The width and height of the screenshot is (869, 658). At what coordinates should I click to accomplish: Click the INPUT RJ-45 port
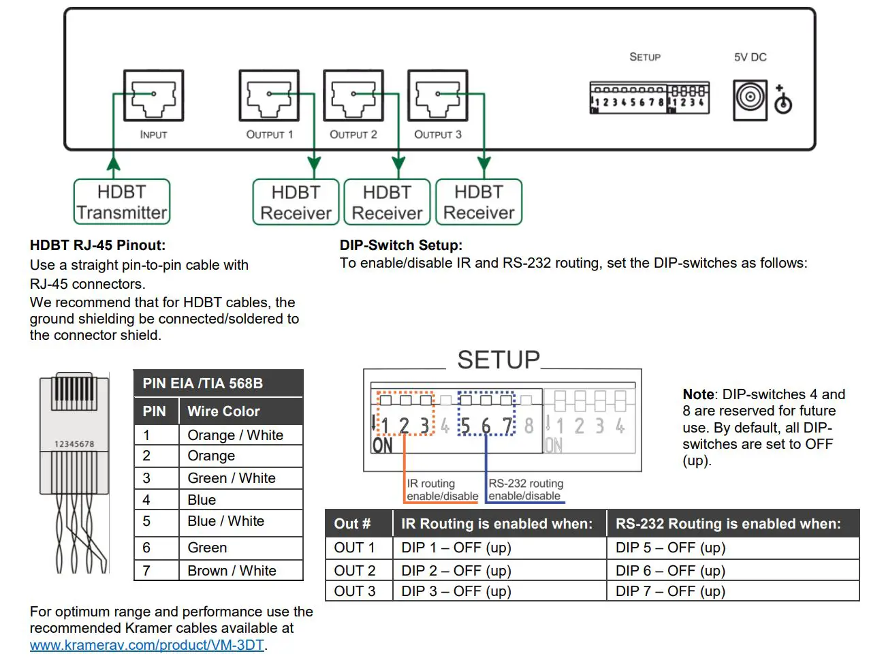click(153, 96)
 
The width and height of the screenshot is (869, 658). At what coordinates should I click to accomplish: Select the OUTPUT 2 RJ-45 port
click(353, 96)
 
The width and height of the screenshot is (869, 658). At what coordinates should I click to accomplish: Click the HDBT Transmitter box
click(122, 202)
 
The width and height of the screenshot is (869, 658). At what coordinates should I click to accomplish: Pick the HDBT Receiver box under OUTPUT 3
click(479, 202)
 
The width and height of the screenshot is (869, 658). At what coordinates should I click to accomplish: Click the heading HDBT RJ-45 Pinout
click(97, 245)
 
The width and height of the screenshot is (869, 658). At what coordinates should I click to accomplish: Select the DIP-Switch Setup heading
click(400, 245)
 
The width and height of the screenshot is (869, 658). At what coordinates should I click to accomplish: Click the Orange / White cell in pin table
click(235, 435)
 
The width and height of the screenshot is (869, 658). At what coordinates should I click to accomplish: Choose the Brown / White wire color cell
click(232, 571)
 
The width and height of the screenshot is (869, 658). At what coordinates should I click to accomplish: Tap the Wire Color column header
click(223, 411)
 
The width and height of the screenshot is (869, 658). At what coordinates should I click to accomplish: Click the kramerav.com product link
click(146, 645)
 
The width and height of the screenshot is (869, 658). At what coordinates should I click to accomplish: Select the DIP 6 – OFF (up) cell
click(670, 571)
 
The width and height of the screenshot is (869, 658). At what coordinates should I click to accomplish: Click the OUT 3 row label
click(354, 591)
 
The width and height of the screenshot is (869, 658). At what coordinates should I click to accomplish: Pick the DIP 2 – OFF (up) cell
click(456, 571)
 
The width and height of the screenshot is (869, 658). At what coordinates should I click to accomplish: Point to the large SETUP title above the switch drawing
click(498, 360)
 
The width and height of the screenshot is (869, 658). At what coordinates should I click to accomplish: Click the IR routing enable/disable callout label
click(441, 490)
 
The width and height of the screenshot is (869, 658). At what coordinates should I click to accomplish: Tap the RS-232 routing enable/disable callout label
click(525, 490)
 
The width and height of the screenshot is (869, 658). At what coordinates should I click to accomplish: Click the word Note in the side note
click(698, 394)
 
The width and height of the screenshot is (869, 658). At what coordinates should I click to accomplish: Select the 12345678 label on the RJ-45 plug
click(74, 444)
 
